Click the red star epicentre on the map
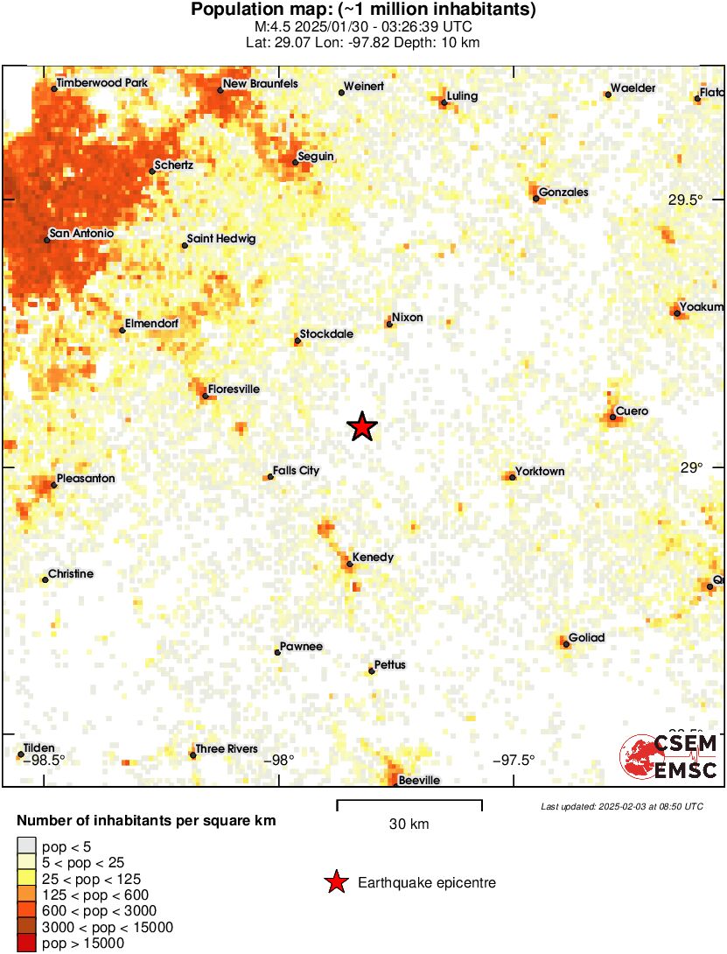[x=362, y=427]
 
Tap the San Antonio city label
[x=81, y=234]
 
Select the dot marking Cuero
[x=612, y=417]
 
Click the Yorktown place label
[x=540, y=471]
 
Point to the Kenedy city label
[x=373, y=557]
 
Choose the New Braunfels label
[x=260, y=84]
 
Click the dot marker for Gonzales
[x=535, y=199]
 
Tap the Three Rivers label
[x=227, y=748]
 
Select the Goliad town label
[x=586, y=637]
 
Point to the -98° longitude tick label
[x=279, y=760]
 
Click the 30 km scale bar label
[x=409, y=824]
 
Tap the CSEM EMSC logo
[x=669, y=755]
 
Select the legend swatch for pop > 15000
[x=27, y=943]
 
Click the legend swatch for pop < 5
[x=27, y=845]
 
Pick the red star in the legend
[x=335, y=883]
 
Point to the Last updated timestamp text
[x=621, y=806]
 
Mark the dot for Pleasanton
[x=53, y=484]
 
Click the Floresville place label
[x=234, y=389]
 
